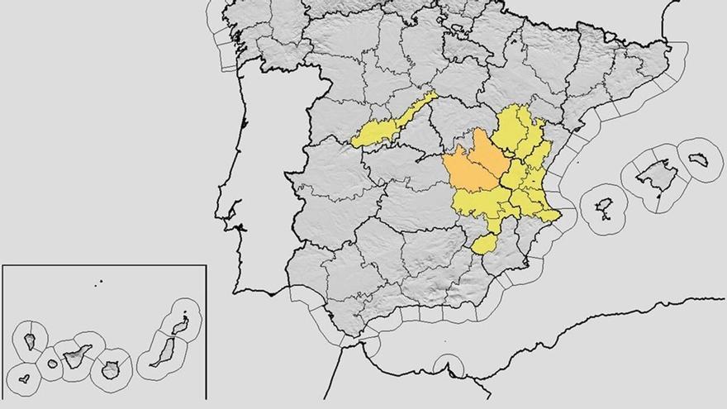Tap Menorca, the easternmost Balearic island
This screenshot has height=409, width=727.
click(x=699, y=158)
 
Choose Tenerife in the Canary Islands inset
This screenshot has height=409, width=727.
click(x=78, y=356)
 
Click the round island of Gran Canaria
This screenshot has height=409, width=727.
click(x=110, y=369)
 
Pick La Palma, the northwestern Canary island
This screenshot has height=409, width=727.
click(x=30, y=340)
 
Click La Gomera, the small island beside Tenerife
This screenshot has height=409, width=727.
click(x=53, y=364)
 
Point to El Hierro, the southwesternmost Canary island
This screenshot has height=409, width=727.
click(x=25, y=378)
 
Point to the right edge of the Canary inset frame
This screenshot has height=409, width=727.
click(x=205, y=331)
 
